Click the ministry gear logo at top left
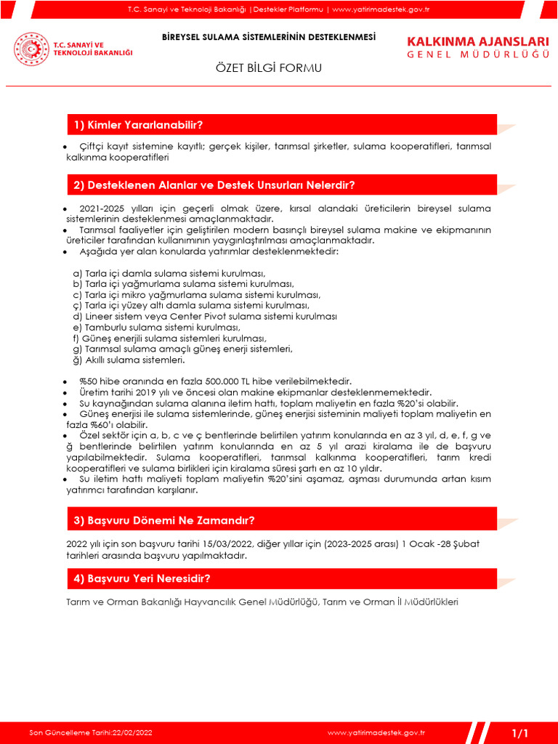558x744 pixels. click(31, 49)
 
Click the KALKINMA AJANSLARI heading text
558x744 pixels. click(478, 41)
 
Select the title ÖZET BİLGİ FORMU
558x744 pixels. click(268, 68)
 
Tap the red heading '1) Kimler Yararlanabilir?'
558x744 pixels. click(138, 125)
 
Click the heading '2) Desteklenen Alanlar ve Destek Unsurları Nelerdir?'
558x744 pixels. click(214, 185)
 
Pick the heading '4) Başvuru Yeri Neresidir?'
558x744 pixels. click(142, 579)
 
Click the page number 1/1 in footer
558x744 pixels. click(521, 732)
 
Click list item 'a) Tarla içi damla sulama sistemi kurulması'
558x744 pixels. click(169, 273)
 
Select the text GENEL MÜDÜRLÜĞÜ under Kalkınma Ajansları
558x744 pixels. click(478, 55)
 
